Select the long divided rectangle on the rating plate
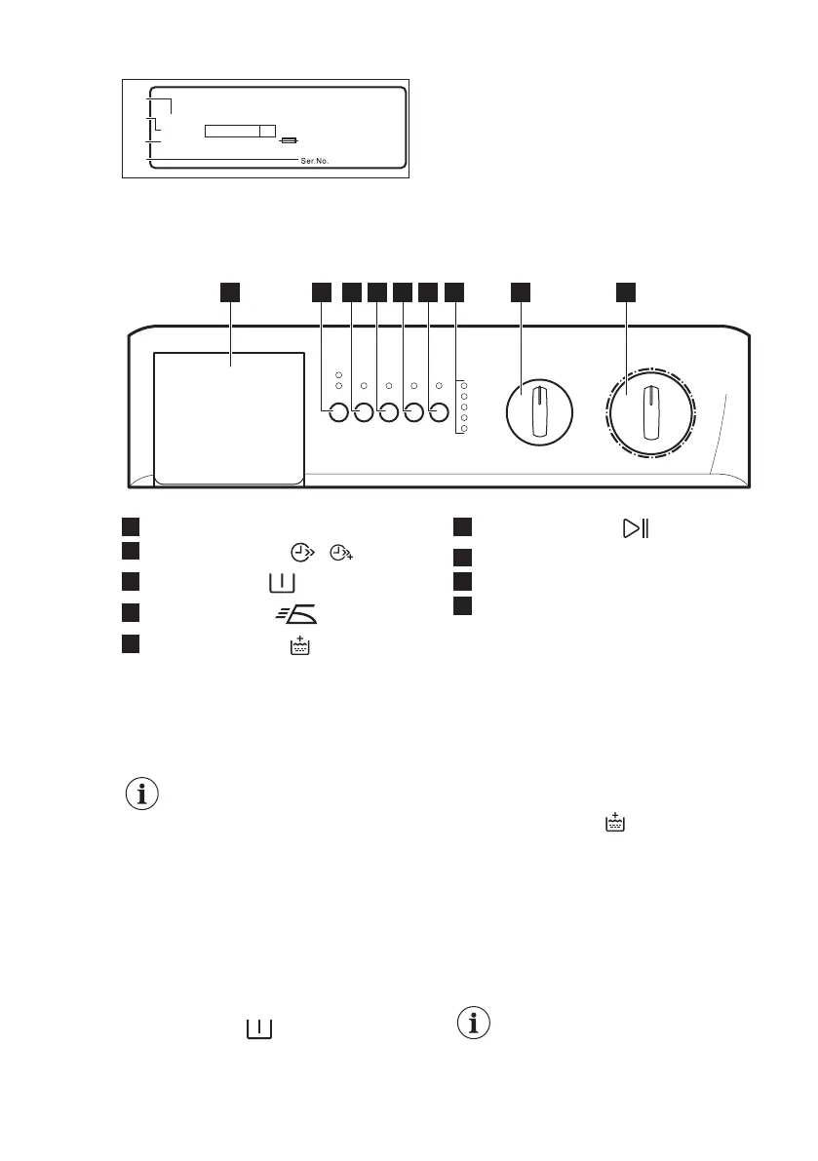tap(240, 131)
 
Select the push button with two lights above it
tap(337, 413)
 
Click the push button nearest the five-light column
tap(438, 413)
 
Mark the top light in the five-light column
tap(464, 385)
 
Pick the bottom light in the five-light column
tap(464, 429)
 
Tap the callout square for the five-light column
tap(454, 291)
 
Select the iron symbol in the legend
tap(297, 614)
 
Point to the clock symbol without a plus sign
tap(305, 553)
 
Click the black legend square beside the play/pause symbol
tap(461, 528)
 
